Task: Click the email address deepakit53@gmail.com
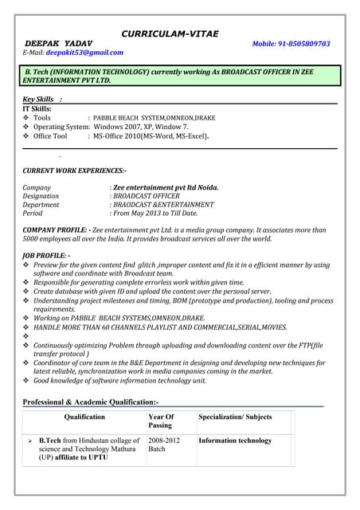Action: [x=84, y=53]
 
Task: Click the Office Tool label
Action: [x=50, y=136]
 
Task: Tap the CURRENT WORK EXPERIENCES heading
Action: [x=74, y=171]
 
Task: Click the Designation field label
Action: [x=41, y=196]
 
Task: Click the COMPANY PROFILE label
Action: [x=56, y=229]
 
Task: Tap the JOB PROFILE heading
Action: [x=45, y=255]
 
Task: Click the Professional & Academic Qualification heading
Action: [x=91, y=402]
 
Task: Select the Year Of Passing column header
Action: [x=161, y=422]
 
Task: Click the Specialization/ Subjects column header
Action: [x=235, y=417]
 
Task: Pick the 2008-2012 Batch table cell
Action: [x=164, y=445]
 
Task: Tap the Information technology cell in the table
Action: [x=235, y=440]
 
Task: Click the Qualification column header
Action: [x=84, y=417]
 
